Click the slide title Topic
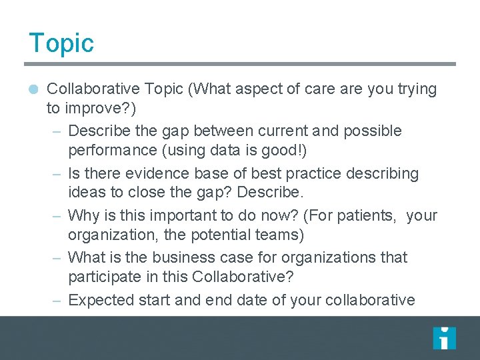[x=61, y=43]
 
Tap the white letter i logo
[x=444, y=338]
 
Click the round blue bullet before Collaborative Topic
[x=34, y=89]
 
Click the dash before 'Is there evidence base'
[x=57, y=174]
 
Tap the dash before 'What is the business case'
[x=57, y=258]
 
